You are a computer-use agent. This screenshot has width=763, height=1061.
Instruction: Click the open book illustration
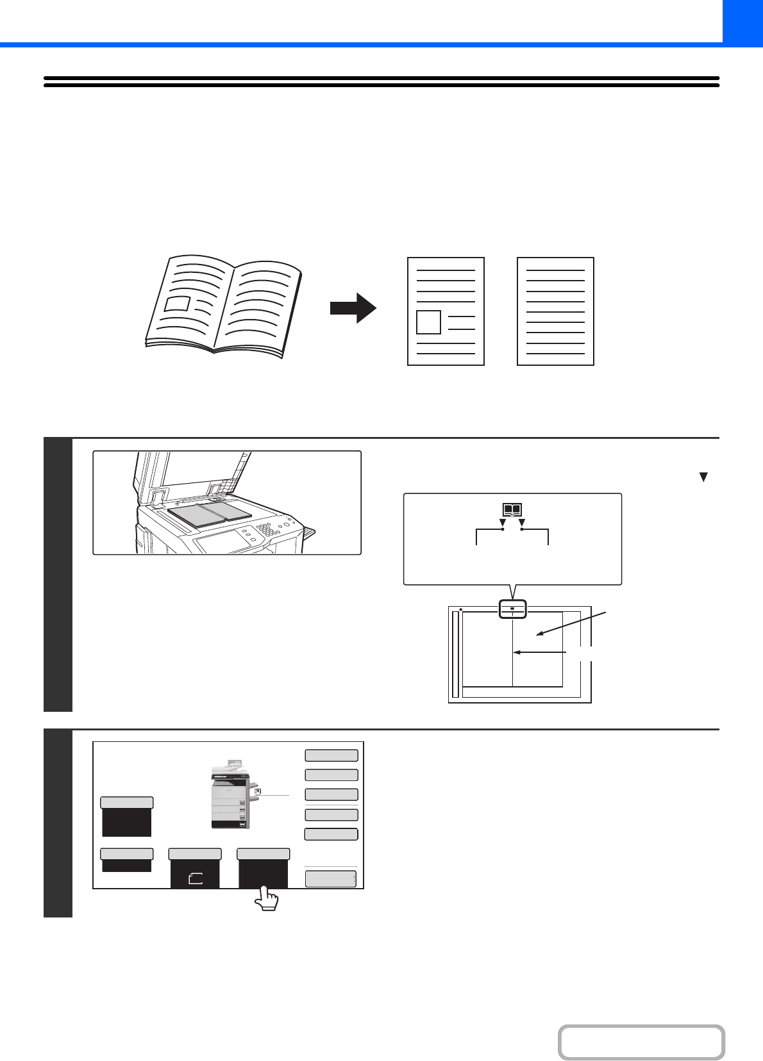point(223,306)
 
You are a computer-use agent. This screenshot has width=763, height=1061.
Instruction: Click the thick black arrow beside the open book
point(353,308)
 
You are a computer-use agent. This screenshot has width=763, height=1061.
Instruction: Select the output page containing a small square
point(446,311)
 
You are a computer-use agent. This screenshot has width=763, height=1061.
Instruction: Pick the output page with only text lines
point(555,311)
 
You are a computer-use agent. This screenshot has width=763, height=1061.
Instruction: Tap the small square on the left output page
point(428,322)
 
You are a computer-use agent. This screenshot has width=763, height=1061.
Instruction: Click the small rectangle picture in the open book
point(178,304)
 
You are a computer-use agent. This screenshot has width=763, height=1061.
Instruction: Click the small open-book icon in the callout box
point(512,510)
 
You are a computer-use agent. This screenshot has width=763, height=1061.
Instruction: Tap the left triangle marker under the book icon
point(502,523)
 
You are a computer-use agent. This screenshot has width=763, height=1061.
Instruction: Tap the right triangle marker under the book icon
point(522,523)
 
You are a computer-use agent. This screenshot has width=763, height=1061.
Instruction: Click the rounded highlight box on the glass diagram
point(512,609)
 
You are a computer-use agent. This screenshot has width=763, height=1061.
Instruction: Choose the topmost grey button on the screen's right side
point(331,755)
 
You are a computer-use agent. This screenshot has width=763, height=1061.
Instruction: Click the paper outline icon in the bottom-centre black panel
point(196,879)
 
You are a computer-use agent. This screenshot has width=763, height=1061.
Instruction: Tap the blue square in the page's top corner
point(742,21)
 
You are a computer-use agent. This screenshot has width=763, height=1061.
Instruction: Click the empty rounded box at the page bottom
point(641,1042)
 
